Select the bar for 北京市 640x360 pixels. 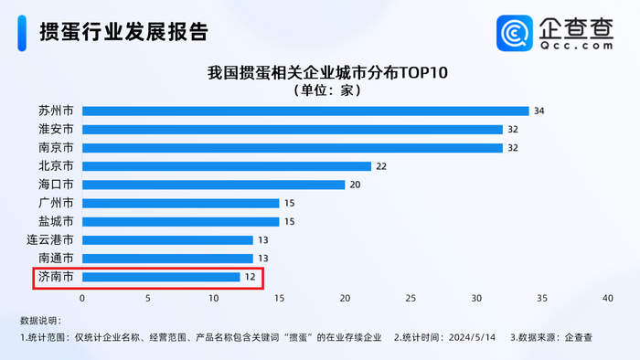(x=227, y=166)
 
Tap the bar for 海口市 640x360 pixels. (x=213, y=185)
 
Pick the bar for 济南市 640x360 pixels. (x=161, y=277)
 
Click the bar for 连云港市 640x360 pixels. (x=167, y=240)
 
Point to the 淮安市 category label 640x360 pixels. (x=56, y=129)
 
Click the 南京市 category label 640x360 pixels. (x=56, y=147)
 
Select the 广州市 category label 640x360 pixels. (x=56, y=203)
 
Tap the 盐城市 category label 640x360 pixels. (x=56, y=221)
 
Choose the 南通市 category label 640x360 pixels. (x=56, y=259)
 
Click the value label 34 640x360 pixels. (x=539, y=111)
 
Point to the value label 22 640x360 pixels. (x=381, y=166)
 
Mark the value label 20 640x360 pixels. (x=355, y=185)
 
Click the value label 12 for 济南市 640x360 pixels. (x=250, y=277)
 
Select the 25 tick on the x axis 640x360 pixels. (x=411, y=298)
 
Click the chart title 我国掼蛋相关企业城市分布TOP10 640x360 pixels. (x=319, y=71)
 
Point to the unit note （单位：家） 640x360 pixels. (x=319, y=90)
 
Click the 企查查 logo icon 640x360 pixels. (x=515, y=33)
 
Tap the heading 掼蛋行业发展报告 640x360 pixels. (x=123, y=32)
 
